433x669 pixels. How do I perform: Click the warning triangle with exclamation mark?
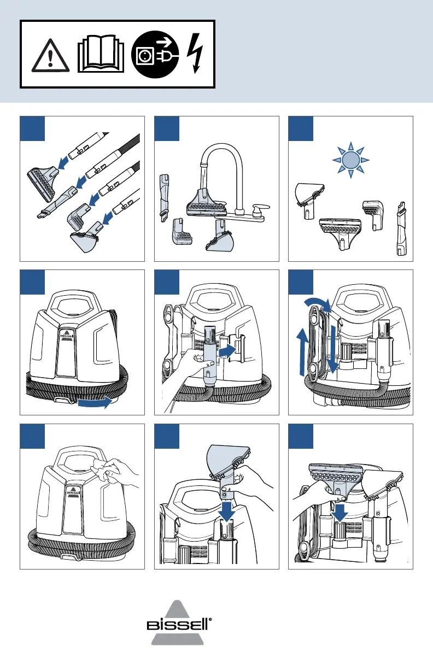pyautogui.click(x=50, y=55)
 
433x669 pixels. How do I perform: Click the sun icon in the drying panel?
pyautogui.click(x=350, y=160)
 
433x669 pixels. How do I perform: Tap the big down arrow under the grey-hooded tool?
pyautogui.click(x=226, y=511)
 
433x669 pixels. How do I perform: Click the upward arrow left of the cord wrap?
pyautogui.click(x=300, y=353)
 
